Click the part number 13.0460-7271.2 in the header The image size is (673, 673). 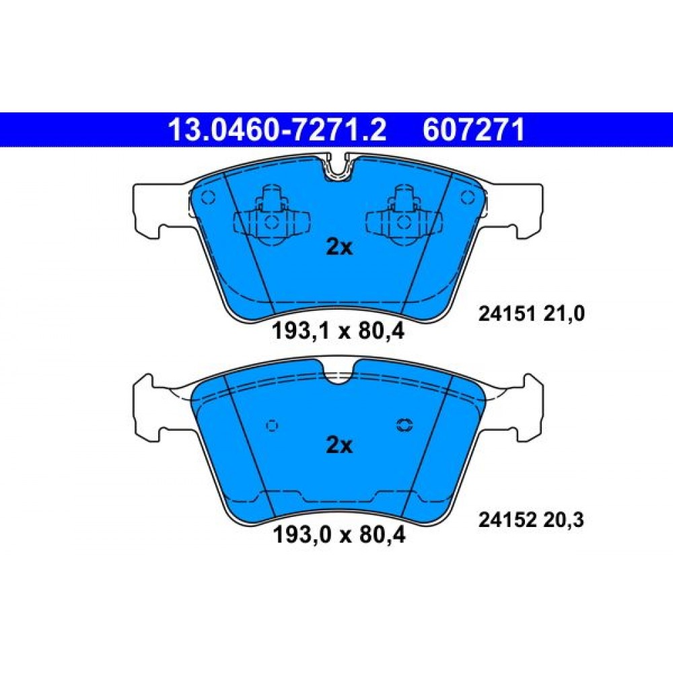277,130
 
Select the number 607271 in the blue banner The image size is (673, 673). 473,130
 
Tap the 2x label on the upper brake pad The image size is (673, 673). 339,247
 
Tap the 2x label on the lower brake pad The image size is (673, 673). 339,445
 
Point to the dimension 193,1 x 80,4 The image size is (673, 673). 339,331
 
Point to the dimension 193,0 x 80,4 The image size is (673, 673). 339,535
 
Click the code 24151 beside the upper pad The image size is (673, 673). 507,314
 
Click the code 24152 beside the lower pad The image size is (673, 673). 507,520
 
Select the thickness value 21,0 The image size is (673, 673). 563,314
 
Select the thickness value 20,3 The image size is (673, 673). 563,520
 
